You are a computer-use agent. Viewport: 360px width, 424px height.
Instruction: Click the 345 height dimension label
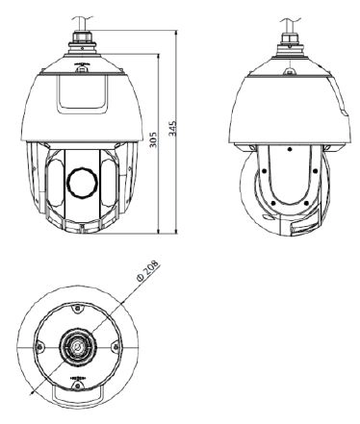[172, 128]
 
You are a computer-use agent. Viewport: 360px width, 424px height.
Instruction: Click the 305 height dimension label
[153, 139]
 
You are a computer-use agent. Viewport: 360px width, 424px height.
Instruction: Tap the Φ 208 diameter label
[148, 271]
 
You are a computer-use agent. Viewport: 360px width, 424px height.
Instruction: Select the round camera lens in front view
[82, 182]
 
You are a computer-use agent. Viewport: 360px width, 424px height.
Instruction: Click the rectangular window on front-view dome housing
[82, 93]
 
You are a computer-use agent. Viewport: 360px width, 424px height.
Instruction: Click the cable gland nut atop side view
[290, 38]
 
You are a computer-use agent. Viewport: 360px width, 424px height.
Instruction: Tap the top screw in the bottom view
[77, 309]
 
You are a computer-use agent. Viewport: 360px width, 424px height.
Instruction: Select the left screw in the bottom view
[39, 346]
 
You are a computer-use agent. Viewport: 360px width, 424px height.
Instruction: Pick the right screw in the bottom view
[116, 346]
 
